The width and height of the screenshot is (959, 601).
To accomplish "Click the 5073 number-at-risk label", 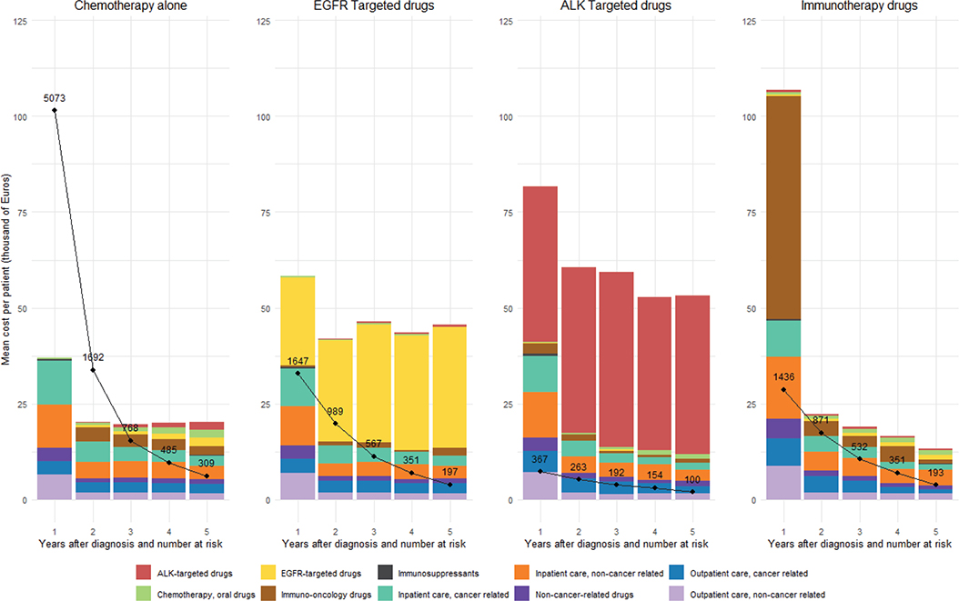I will (55, 97).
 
